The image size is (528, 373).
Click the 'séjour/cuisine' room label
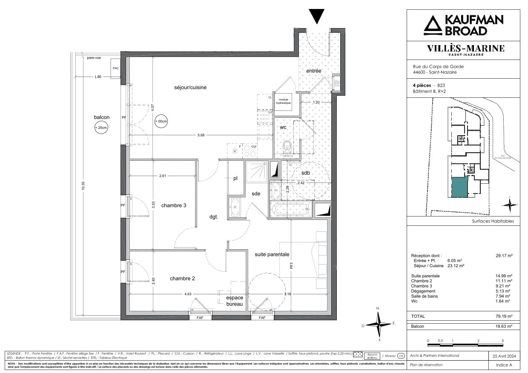click(x=190, y=87)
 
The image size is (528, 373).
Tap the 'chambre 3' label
click(x=174, y=205)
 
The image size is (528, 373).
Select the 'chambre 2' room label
click(x=182, y=279)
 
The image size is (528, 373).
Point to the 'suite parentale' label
click(x=272, y=254)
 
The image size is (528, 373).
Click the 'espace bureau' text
click(x=234, y=301)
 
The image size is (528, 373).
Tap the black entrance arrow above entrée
click(x=316, y=17)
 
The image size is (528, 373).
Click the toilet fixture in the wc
click(x=287, y=146)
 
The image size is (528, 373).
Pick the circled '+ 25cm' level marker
click(x=102, y=127)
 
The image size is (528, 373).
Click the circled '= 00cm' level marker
click(x=161, y=121)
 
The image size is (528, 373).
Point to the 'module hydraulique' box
click(x=285, y=101)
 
